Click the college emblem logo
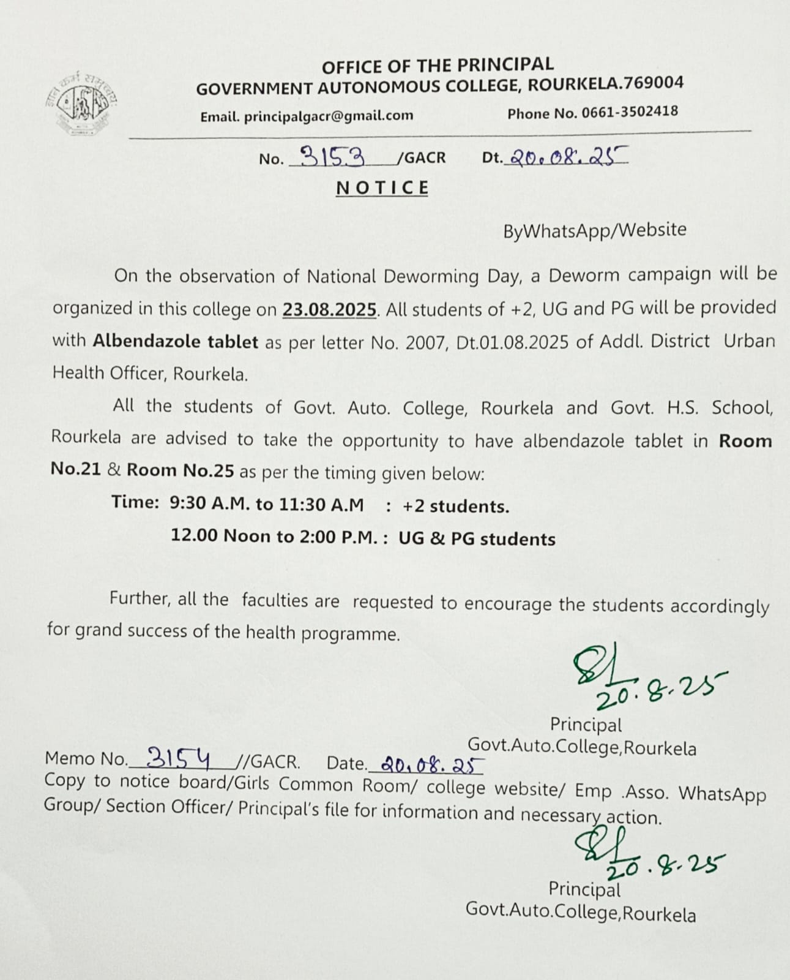tap(82, 104)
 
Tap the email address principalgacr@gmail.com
tap(329, 116)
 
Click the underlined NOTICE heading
tap(382, 187)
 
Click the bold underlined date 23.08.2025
tap(329, 309)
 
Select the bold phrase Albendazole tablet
tap(176, 342)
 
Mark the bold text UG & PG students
tap(477, 539)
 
